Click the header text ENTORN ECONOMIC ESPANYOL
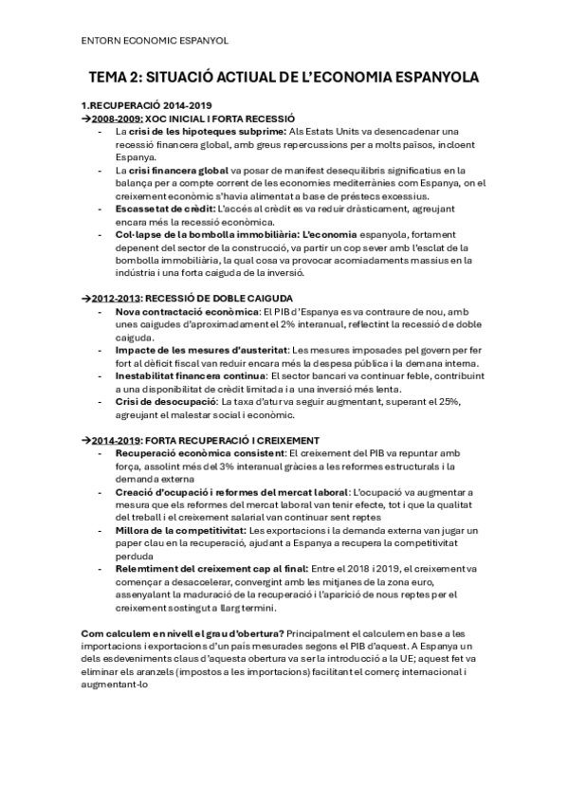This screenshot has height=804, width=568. [155, 41]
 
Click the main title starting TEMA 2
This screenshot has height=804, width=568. [284, 77]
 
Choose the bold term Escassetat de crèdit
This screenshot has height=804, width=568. [165, 208]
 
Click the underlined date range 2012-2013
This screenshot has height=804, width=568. [116, 299]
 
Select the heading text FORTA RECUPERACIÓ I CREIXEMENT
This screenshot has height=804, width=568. [233, 441]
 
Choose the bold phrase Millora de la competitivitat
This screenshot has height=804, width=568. [180, 531]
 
